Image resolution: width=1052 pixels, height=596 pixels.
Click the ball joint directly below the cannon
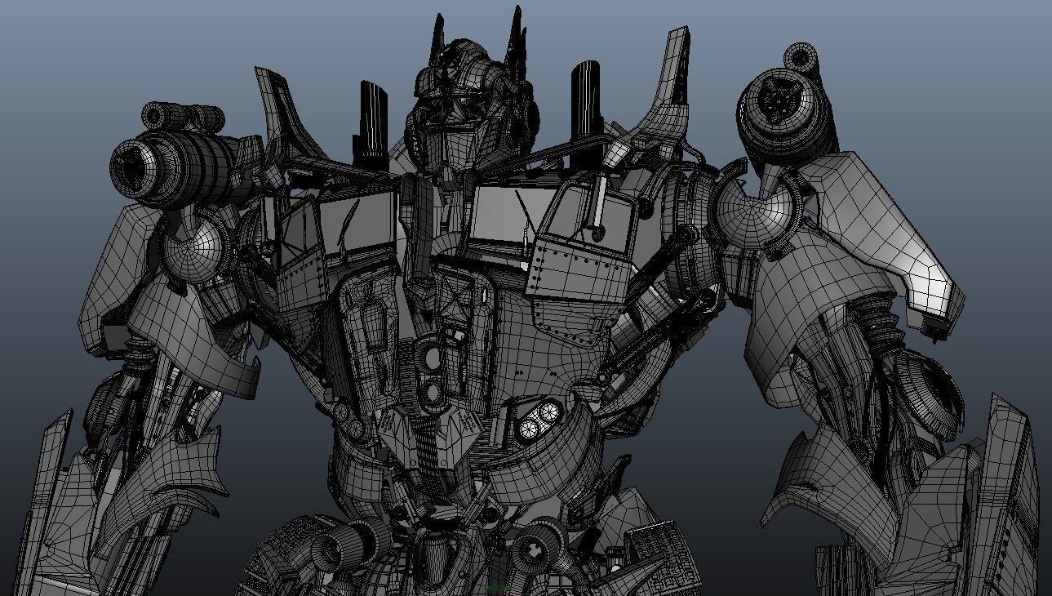click(197, 246)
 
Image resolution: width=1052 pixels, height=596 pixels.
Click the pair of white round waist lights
click(539, 417)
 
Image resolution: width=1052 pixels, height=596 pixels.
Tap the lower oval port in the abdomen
click(432, 391)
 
